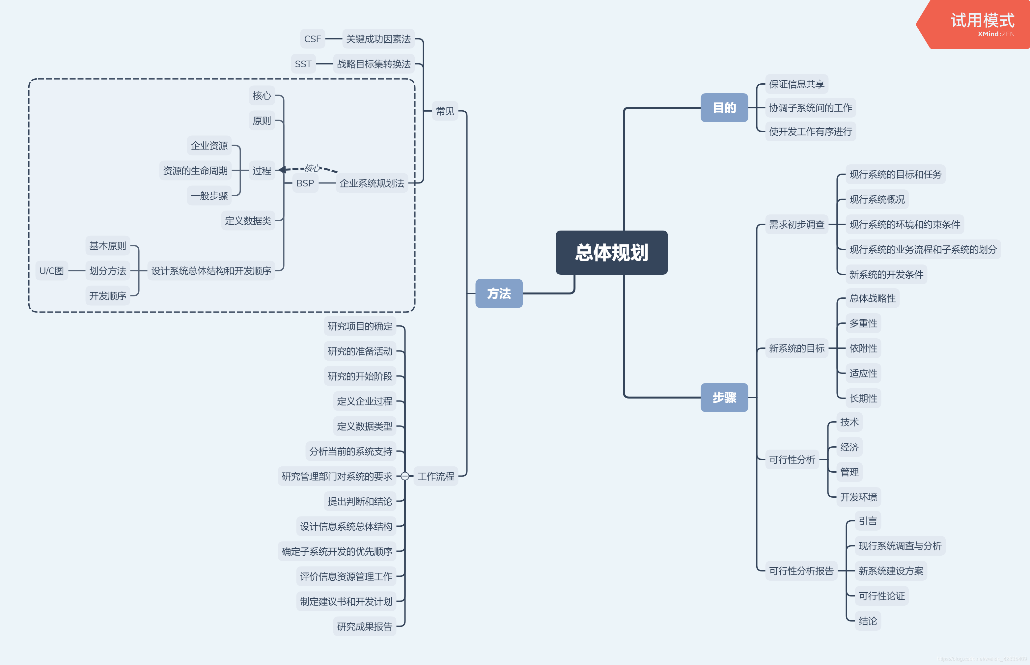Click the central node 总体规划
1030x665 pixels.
[612, 253]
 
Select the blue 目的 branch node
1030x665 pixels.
[724, 107]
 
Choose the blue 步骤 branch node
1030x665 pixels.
[724, 397]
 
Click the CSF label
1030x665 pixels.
[312, 39]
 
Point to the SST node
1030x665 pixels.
[303, 64]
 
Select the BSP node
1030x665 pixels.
[305, 183]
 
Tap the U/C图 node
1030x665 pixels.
[51, 271]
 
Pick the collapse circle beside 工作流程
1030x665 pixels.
[405, 476]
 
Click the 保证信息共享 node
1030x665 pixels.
[796, 84]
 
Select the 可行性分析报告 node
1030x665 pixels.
[801, 571]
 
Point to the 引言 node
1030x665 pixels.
[868, 521]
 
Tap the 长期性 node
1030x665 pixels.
[863, 398]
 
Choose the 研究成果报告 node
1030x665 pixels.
[365, 626]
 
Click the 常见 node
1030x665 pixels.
[445, 111]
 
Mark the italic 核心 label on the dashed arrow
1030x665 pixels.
[312, 168]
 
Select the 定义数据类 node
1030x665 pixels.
[248, 221]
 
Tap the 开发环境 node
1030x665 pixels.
[858, 497]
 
